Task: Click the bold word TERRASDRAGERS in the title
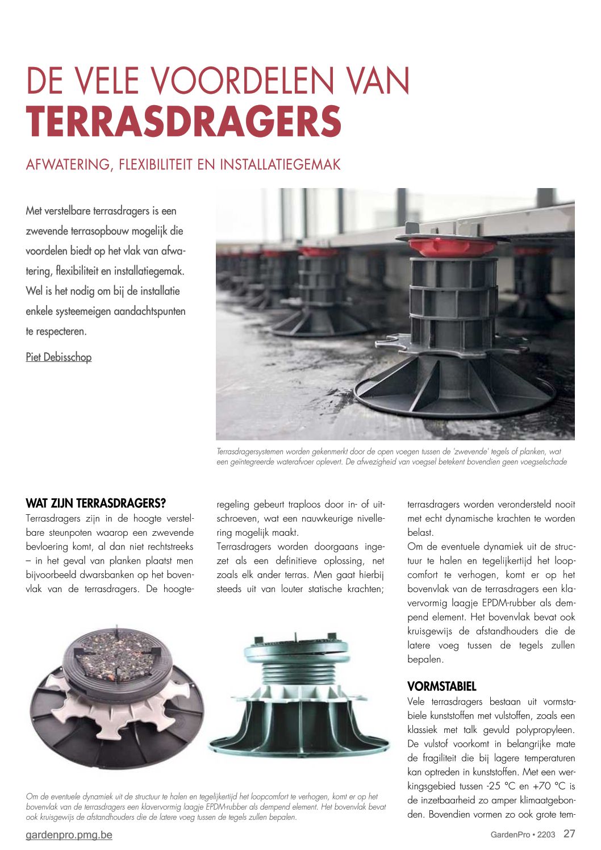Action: pos(183,121)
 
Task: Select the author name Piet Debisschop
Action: pos(59,357)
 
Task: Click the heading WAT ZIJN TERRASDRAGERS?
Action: pos(95,503)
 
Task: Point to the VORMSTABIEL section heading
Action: pos(441,686)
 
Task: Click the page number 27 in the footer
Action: pos(569,834)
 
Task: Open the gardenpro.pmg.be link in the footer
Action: pos(69,835)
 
